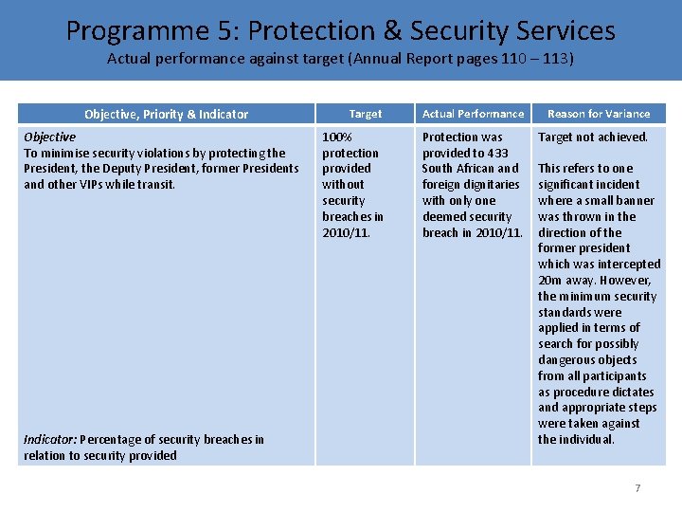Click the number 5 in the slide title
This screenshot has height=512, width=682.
tap(229, 30)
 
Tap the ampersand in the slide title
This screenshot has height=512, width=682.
tap(392, 30)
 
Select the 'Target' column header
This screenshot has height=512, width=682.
tap(365, 114)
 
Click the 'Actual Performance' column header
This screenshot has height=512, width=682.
tap(473, 114)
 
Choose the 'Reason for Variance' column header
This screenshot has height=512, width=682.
tap(599, 114)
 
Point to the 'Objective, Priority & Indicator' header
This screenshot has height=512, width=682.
tap(166, 115)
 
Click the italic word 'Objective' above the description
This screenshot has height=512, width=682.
tap(49, 137)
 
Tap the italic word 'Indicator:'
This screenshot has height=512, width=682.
tap(50, 440)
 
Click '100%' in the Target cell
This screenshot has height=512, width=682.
tap(336, 137)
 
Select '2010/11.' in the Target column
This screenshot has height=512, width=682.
tap(346, 233)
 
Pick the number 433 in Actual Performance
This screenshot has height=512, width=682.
tap(496, 154)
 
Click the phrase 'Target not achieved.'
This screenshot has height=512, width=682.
tap(593, 137)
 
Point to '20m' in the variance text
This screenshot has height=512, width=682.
tap(549, 281)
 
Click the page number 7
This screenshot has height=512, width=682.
tap(637, 488)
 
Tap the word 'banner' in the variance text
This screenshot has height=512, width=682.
tap(635, 201)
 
